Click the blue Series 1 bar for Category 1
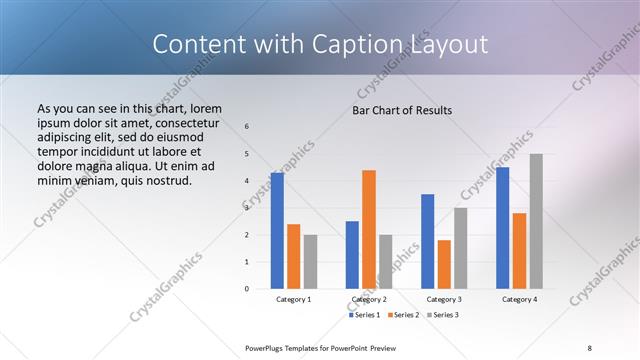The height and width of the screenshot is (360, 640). coord(277,231)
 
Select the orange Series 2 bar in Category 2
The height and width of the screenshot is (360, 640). coord(369,229)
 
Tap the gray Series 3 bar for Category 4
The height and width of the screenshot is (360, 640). coord(536,221)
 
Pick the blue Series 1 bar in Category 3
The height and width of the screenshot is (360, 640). coord(428,241)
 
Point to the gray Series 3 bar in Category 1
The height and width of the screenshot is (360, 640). coord(310,262)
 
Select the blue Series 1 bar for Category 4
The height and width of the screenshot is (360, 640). coord(503,228)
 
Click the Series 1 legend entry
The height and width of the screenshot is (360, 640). coord(363,315)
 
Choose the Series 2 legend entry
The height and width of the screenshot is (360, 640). coord(402,315)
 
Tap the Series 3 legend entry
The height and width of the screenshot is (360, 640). coord(442,315)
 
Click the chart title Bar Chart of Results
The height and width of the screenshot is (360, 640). coord(402,109)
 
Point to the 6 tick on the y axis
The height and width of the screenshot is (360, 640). coord(247,127)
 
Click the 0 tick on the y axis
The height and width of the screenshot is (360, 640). coord(247,289)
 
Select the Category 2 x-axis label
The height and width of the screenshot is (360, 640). coord(369,300)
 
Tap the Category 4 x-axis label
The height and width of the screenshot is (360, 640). coord(519,300)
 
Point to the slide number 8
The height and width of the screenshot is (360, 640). coord(590,347)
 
